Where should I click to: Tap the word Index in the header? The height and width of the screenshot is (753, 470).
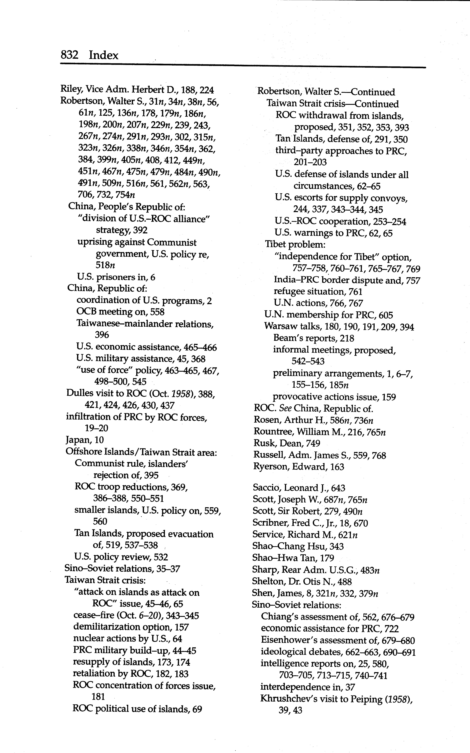pos(103,55)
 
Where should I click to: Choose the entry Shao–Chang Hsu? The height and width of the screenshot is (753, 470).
pos(298,546)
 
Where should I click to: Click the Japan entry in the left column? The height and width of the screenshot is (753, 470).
pos(85,440)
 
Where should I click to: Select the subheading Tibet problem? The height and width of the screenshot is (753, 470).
pos(295,244)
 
